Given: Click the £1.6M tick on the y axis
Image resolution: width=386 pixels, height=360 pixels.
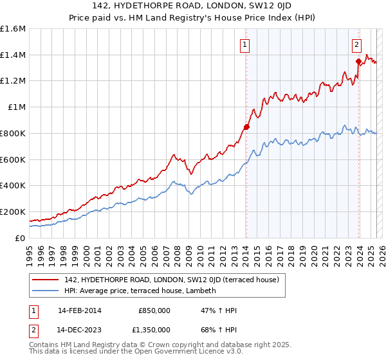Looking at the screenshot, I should tap(13, 29).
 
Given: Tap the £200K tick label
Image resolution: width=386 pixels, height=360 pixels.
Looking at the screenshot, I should tap(13, 212).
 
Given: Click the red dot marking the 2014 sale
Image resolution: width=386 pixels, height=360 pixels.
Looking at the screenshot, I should tap(246, 127).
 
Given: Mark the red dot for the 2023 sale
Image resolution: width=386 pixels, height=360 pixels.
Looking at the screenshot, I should tap(358, 61).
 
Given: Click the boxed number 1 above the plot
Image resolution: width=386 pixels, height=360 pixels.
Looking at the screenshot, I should tap(246, 44).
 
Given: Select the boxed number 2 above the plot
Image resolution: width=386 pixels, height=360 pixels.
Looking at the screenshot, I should tap(356, 44).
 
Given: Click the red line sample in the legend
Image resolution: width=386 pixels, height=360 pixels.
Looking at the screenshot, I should tap(46, 280).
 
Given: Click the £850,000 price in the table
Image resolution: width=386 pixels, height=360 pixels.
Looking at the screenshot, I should tap(154, 310).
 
